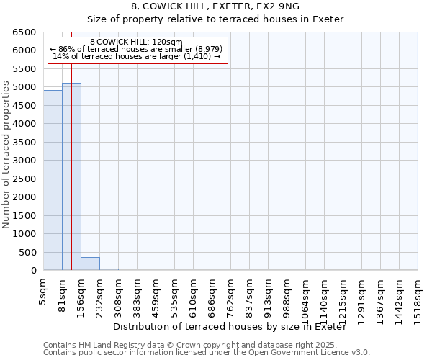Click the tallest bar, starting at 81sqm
click(x=71, y=176)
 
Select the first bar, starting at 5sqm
click(x=53, y=180)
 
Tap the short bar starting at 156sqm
click(x=90, y=264)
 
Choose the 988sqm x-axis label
click(x=287, y=294)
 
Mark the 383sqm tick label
click(x=138, y=294)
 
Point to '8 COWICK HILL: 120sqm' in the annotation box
click(x=137, y=42)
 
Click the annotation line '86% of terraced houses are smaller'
click(x=137, y=49)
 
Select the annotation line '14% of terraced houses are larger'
click(x=137, y=56)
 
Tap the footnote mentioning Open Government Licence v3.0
click(x=207, y=353)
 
